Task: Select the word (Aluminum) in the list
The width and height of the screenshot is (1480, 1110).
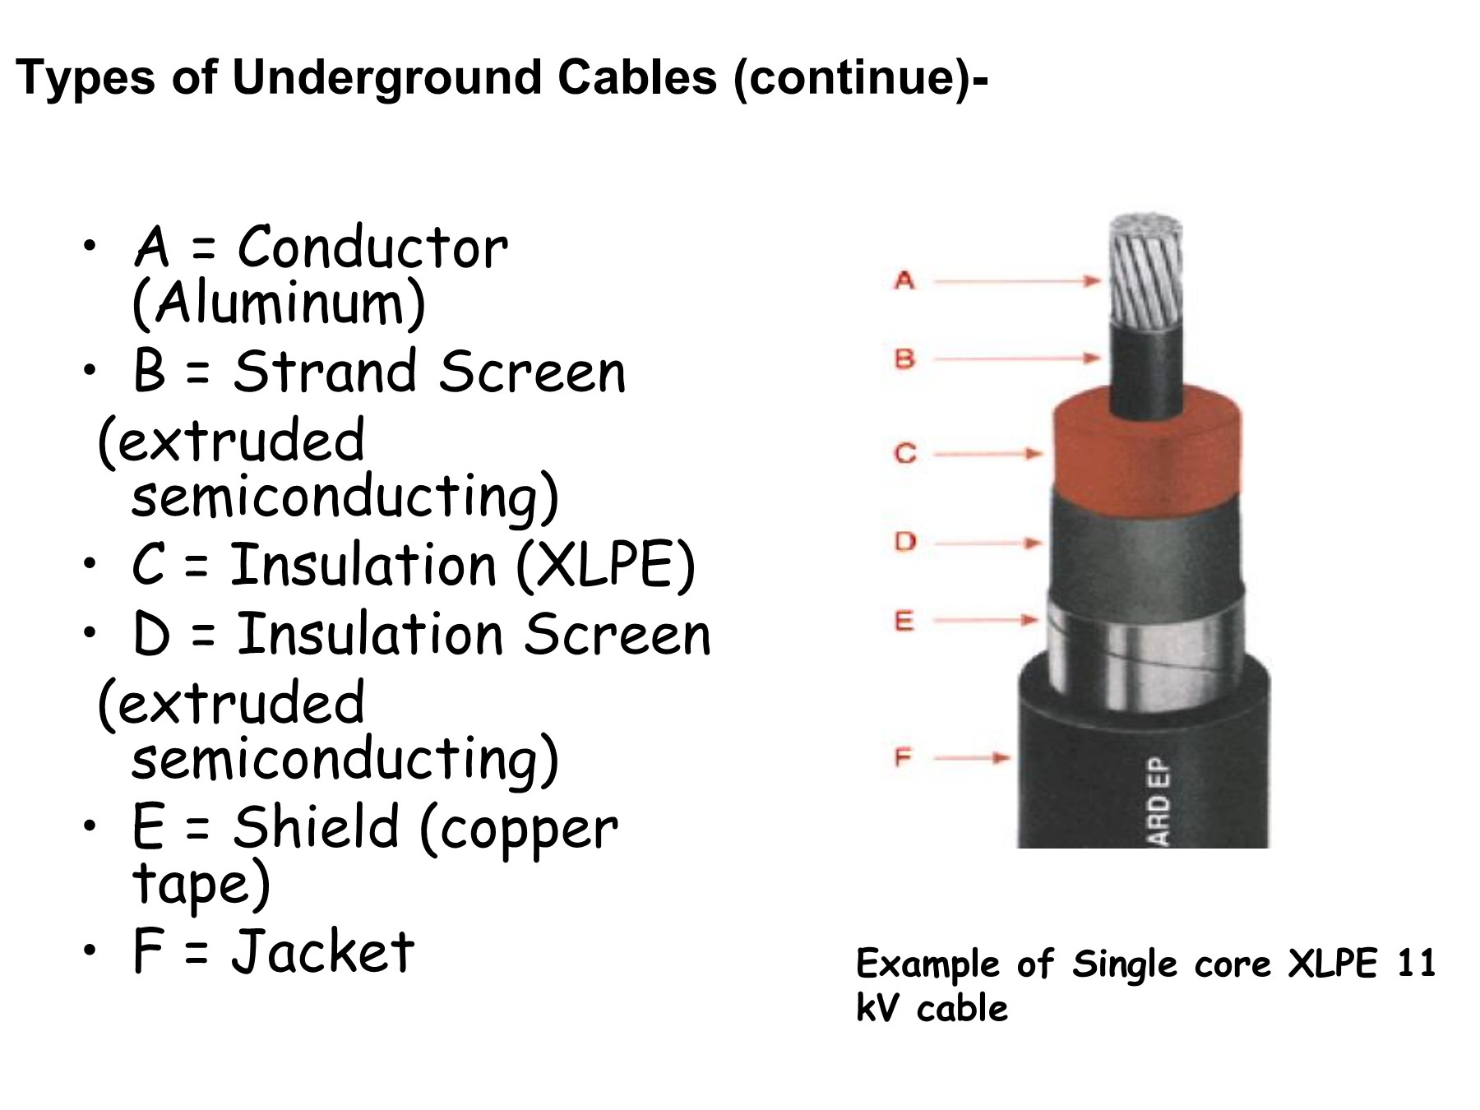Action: click(279, 303)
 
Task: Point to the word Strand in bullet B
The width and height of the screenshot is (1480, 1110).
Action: click(326, 371)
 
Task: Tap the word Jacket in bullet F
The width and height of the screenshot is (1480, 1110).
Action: click(323, 951)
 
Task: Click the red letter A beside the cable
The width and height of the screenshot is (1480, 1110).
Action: click(904, 281)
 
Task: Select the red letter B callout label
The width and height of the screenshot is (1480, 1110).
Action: click(904, 358)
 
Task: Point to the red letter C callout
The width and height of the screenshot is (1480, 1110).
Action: click(905, 453)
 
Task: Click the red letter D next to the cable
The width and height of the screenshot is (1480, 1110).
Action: click(905, 541)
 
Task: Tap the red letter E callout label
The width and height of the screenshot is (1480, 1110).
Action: click(904, 620)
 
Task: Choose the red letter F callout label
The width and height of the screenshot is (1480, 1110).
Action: click(904, 756)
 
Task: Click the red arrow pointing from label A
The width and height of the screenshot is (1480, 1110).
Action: click(1017, 281)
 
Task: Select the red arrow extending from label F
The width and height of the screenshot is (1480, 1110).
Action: click(972, 757)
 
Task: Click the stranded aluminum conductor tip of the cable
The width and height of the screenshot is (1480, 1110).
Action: click(1146, 271)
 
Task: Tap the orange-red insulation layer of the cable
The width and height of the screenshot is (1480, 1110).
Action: click(1148, 451)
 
